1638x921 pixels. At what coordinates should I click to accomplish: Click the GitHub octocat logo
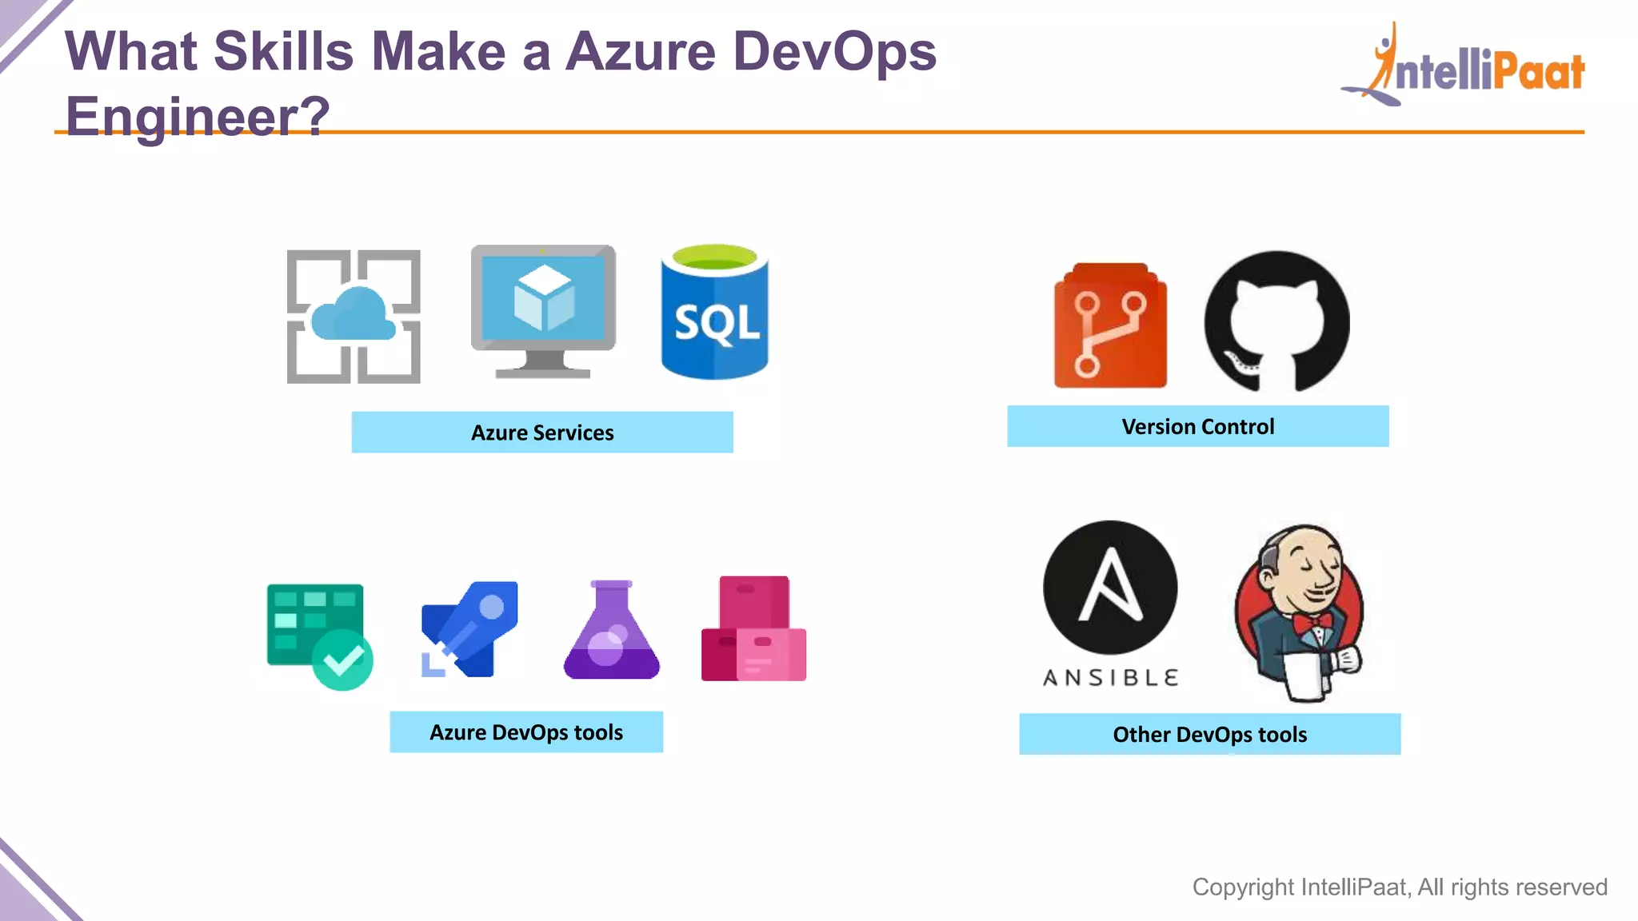tap(1276, 321)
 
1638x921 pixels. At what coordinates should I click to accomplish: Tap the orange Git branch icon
tap(1110, 326)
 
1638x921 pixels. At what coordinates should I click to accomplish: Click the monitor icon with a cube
tap(543, 310)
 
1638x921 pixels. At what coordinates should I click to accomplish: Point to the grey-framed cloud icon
tap(354, 317)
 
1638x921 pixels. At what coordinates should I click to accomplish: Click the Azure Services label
tap(542, 433)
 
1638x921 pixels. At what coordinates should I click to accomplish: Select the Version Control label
tap(1197, 426)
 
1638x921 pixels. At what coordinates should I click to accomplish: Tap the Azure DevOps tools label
tap(526, 732)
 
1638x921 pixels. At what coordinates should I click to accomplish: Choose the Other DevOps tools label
tap(1209, 734)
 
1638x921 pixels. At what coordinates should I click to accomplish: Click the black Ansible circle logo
tap(1110, 588)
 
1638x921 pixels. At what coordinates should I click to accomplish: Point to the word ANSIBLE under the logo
tap(1110, 678)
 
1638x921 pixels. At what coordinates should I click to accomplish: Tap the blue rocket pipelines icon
tap(469, 629)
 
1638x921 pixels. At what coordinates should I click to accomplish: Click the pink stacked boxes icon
tap(753, 629)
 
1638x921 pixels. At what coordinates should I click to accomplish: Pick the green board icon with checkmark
tap(319, 636)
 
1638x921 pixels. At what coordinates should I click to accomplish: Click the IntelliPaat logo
tap(1464, 67)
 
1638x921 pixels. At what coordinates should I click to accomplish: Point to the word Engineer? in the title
tap(197, 116)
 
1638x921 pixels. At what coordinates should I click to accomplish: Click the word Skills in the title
tap(283, 51)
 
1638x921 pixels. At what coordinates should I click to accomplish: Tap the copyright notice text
tap(1400, 887)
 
